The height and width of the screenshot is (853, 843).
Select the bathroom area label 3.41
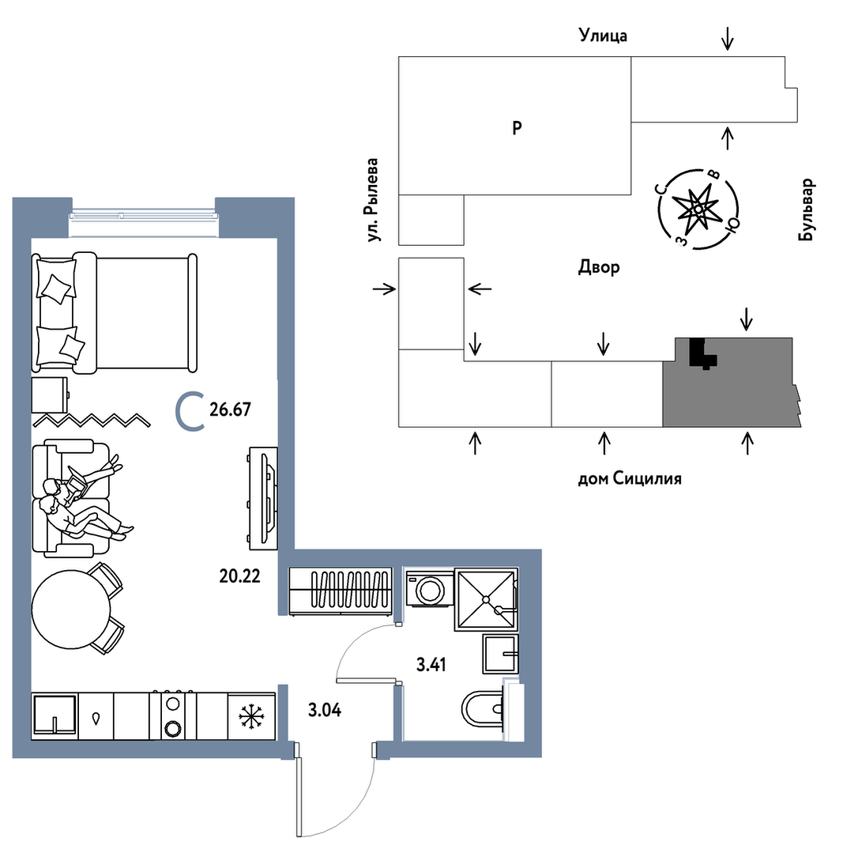tap(431, 664)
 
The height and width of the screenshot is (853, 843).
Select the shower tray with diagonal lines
tap(485, 599)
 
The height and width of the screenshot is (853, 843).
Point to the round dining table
tap(70, 610)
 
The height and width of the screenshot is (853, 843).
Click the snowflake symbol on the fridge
tap(251, 717)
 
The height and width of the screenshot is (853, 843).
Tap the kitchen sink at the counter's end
tap(55, 716)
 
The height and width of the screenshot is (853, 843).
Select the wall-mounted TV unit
tap(262, 498)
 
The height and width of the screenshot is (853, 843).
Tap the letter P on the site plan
tap(517, 127)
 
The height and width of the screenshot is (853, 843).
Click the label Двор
tap(599, 267)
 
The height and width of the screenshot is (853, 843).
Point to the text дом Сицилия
tap(629, 478)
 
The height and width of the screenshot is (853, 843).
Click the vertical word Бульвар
tap(807, 209)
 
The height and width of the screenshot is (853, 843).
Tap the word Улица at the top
tap(603, 35)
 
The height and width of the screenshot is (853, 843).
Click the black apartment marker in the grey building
tap(701, 354)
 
